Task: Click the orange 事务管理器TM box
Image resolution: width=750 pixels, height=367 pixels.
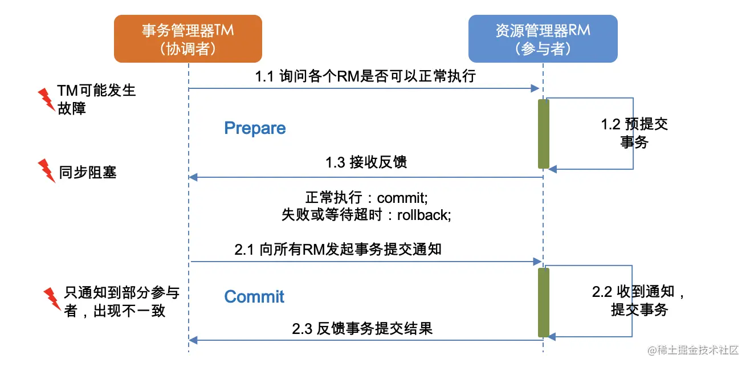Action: point(188,38)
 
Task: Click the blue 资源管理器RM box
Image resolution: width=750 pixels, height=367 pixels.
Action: point(543,38)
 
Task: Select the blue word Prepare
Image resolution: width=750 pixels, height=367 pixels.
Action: point(255,128)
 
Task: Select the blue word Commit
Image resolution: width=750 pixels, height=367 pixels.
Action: point(254,296)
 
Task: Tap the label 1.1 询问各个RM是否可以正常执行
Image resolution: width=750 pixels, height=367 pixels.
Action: point(365,76)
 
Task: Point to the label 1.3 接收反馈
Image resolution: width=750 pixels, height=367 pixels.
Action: point(366,162)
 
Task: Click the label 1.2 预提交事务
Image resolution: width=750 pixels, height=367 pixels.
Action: point(634,133)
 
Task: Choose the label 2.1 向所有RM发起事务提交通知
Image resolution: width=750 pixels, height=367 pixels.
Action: point(338,250)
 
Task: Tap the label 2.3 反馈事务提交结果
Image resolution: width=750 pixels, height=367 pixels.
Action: point(362,329)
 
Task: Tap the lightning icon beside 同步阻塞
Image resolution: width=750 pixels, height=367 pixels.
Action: point(45,170)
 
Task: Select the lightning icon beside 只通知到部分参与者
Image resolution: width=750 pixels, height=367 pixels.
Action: point(52,298)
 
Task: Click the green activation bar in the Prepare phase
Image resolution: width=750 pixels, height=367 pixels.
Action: point(544,134)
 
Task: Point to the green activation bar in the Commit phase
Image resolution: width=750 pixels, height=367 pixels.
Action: point(544,302)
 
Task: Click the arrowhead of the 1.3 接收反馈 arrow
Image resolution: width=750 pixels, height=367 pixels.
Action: point(193,177)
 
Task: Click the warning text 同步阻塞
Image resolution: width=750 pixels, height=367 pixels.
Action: point(88,172)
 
